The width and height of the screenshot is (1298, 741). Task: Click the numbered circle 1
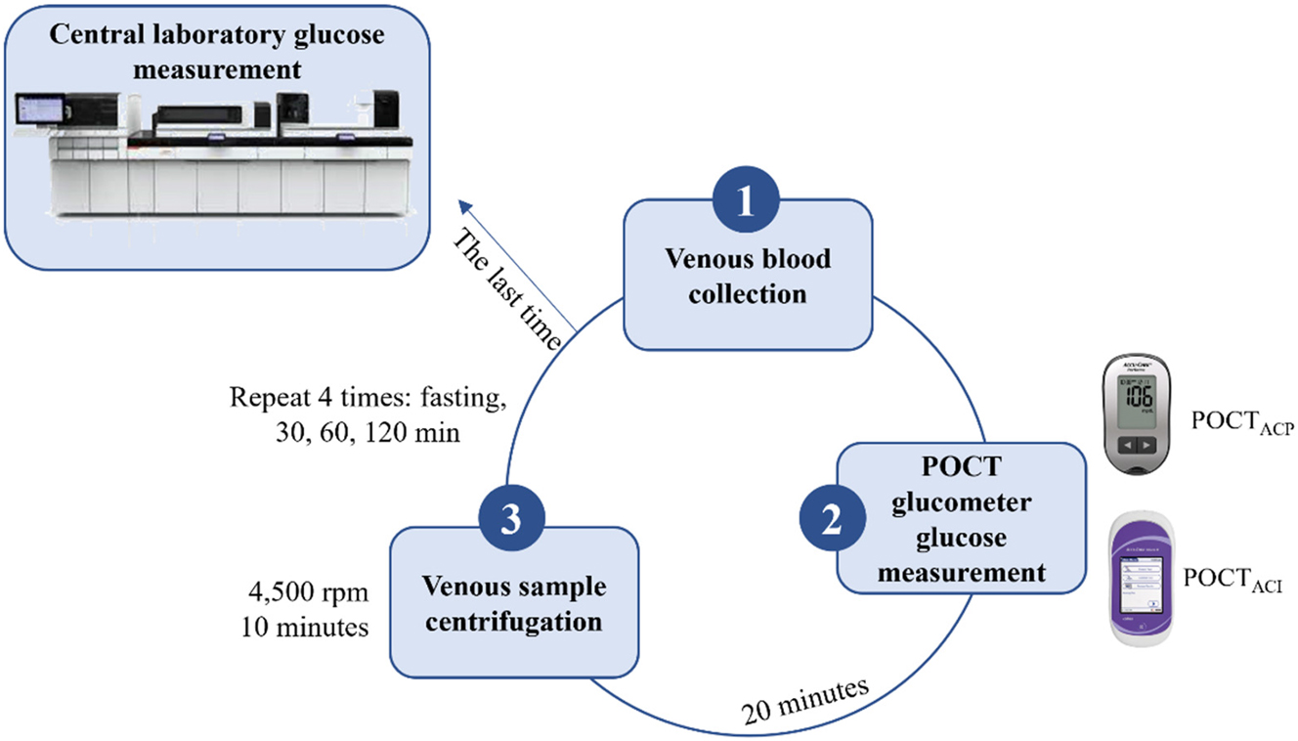point(746,202)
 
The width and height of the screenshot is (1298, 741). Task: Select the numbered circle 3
point(509,521)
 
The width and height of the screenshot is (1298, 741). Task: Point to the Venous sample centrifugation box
point(514,604)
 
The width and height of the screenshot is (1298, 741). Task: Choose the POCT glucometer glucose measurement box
point(962,517)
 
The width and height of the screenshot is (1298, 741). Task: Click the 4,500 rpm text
point(304,593)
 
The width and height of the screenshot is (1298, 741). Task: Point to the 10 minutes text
point(304,627)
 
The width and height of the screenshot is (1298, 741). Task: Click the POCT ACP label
point(1235,421)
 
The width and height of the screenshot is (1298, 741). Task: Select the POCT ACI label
point(1232,582)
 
